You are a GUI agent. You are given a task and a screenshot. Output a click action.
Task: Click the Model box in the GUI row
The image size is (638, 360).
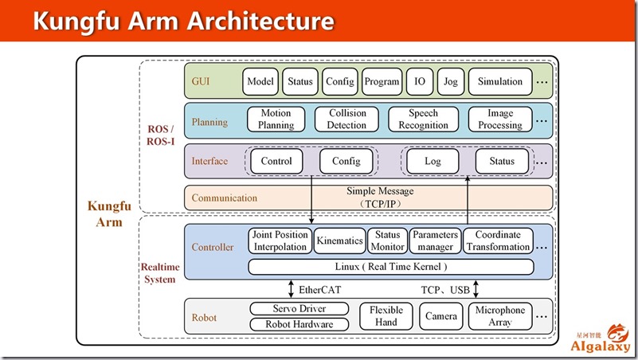tap(260, 81)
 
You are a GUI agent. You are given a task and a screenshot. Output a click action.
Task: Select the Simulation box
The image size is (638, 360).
tap(500, 81)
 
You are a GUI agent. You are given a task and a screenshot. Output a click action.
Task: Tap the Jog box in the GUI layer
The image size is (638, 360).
tap(451, 81)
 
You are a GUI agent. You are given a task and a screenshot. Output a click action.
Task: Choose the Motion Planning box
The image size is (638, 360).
tap(276, 119)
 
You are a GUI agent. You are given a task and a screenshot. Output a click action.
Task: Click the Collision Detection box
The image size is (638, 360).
tap(346, 119)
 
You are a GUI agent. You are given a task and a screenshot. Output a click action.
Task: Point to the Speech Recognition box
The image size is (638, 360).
tap(423, 119)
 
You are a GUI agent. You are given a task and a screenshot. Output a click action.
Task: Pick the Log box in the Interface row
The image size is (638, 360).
tap(433, 161)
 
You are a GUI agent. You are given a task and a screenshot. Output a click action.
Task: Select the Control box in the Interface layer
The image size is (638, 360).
tap(276, 161)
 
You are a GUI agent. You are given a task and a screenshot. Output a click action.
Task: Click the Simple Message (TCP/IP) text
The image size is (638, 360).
tap(380, 198)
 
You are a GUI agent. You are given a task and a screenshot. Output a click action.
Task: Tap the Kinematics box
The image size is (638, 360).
tap(340, 241)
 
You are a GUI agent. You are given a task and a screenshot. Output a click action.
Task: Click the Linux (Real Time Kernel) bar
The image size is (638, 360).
tap(391, 267)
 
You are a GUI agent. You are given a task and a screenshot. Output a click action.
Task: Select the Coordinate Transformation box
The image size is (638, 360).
tap(498, 241)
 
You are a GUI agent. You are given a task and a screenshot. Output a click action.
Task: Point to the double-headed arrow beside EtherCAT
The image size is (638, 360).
tap(291, 288)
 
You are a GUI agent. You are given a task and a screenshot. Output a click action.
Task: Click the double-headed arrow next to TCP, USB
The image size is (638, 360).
tap(476, 288)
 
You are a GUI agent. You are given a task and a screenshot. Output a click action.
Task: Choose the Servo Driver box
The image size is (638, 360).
tap(299, 308)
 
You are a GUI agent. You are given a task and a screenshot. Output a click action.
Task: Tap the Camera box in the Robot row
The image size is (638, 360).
tap(441, 316)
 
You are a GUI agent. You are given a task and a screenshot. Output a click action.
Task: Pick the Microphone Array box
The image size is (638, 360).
tap(500, 316)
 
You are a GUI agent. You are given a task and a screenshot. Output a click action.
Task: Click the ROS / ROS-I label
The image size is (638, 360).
tap(161, 135)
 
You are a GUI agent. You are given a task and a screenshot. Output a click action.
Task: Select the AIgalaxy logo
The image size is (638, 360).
tap(601, 338)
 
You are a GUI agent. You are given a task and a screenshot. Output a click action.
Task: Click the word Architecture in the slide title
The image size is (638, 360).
tap(260, 21)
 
